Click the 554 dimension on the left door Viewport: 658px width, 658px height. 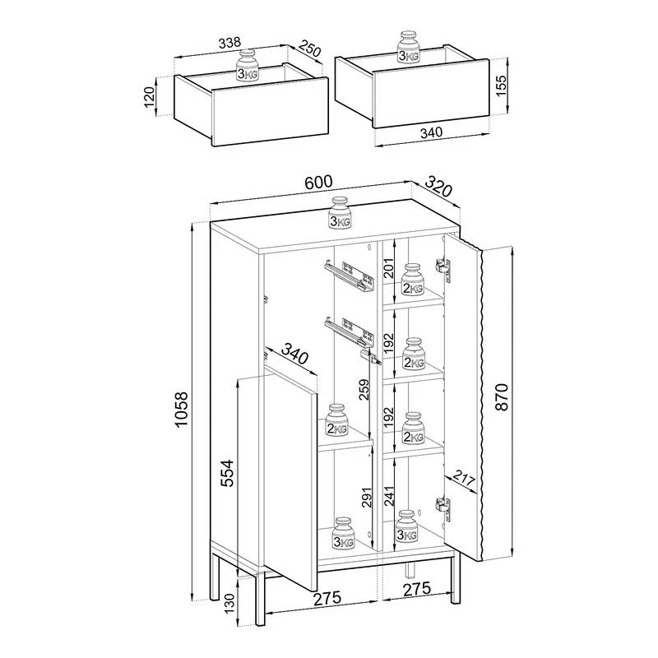[x=228, y=474]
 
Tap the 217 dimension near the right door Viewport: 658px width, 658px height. [x=464, y=481]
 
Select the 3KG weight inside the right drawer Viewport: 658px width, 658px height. [x=407, y=48]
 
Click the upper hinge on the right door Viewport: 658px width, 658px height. [x=444, y=267]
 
